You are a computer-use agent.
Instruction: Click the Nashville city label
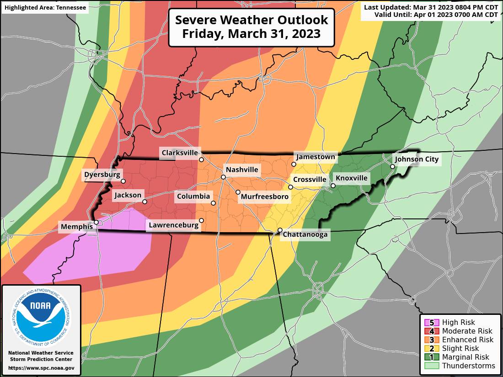(x=242, y=170)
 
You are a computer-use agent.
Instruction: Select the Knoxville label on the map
(x=351, y=178)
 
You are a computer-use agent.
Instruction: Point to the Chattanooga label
(x=305, y=234)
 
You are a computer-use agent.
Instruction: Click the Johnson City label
(x=416, y=159)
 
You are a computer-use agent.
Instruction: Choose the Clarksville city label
(x=179, y=153)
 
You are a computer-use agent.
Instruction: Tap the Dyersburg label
(x=102, y=174)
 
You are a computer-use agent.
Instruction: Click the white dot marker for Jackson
(x=144, y=202)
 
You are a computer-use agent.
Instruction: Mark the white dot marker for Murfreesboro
(x=238, y=192)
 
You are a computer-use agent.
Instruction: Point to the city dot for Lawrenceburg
(x=201, y=220)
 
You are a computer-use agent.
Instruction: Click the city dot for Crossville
(x=290, y=187)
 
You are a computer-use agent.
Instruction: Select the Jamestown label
(x=316, y=157)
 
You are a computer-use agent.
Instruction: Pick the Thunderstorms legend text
(x=468, y=366)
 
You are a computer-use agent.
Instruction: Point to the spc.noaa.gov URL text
(x=41, y=367)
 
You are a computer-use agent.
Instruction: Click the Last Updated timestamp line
(x=431, y=7)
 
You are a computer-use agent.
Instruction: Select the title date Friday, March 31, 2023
(x=251, y=34)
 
